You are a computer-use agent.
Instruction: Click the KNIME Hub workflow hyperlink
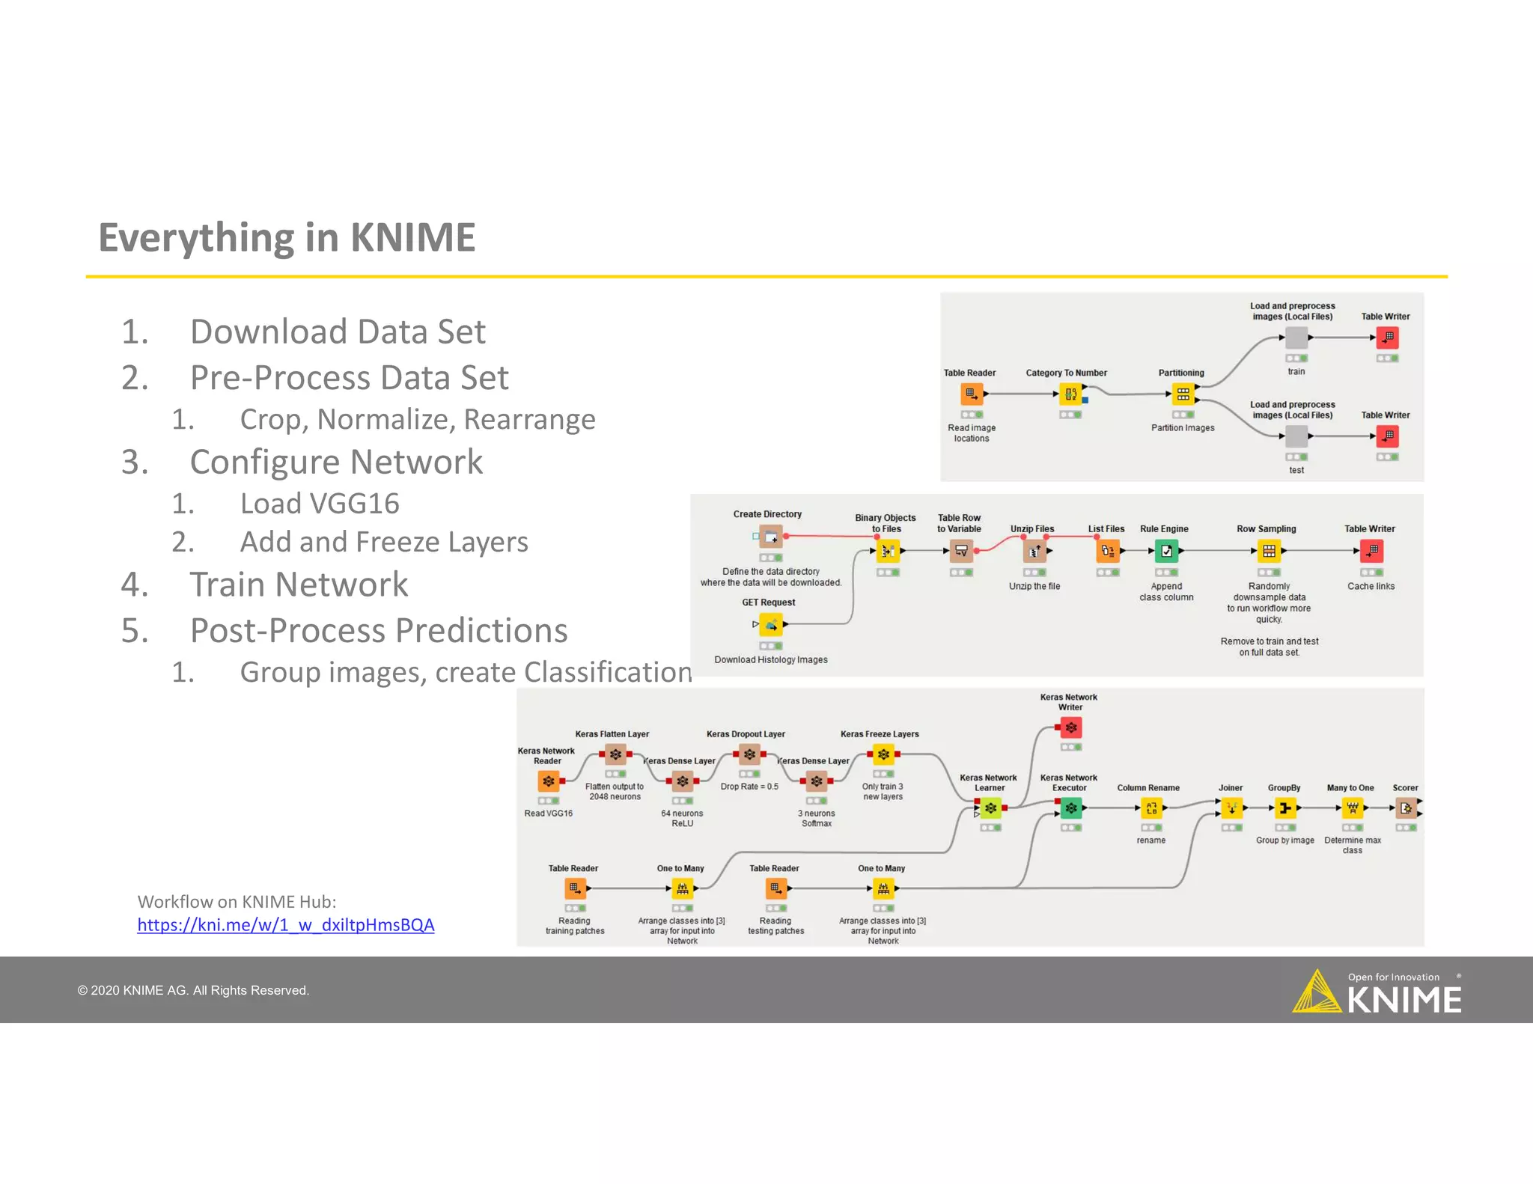coord(285,925)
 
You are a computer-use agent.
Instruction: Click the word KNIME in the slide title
coord(412,238)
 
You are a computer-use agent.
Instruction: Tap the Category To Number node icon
coord(1070,394)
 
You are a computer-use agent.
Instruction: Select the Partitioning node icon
coord(1183,394)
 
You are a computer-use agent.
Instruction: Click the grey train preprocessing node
coord(1296,338)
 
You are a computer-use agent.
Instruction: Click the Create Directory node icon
coord(771,537)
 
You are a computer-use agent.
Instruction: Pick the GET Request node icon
coord(771,624)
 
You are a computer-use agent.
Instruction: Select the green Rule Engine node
coord(1166,552)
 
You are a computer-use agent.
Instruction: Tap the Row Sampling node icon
coord(1269,552)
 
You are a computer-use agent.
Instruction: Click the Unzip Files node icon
coord(1034,552)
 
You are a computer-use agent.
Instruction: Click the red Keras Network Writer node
coord(1071,727)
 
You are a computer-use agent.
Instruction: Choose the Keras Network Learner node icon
coord(991,808)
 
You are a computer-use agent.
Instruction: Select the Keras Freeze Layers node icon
coord(883,754)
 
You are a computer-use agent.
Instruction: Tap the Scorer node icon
coord(1406,808)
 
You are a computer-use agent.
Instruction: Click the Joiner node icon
coord(1231,808)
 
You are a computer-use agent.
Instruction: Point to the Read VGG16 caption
coord(548,814)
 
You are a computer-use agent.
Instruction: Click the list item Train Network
coord(299,585)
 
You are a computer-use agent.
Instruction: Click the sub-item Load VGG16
coord(320,504)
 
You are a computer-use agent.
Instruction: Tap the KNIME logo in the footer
coord(1377,992)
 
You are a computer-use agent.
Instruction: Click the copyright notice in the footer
coord(193,991)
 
